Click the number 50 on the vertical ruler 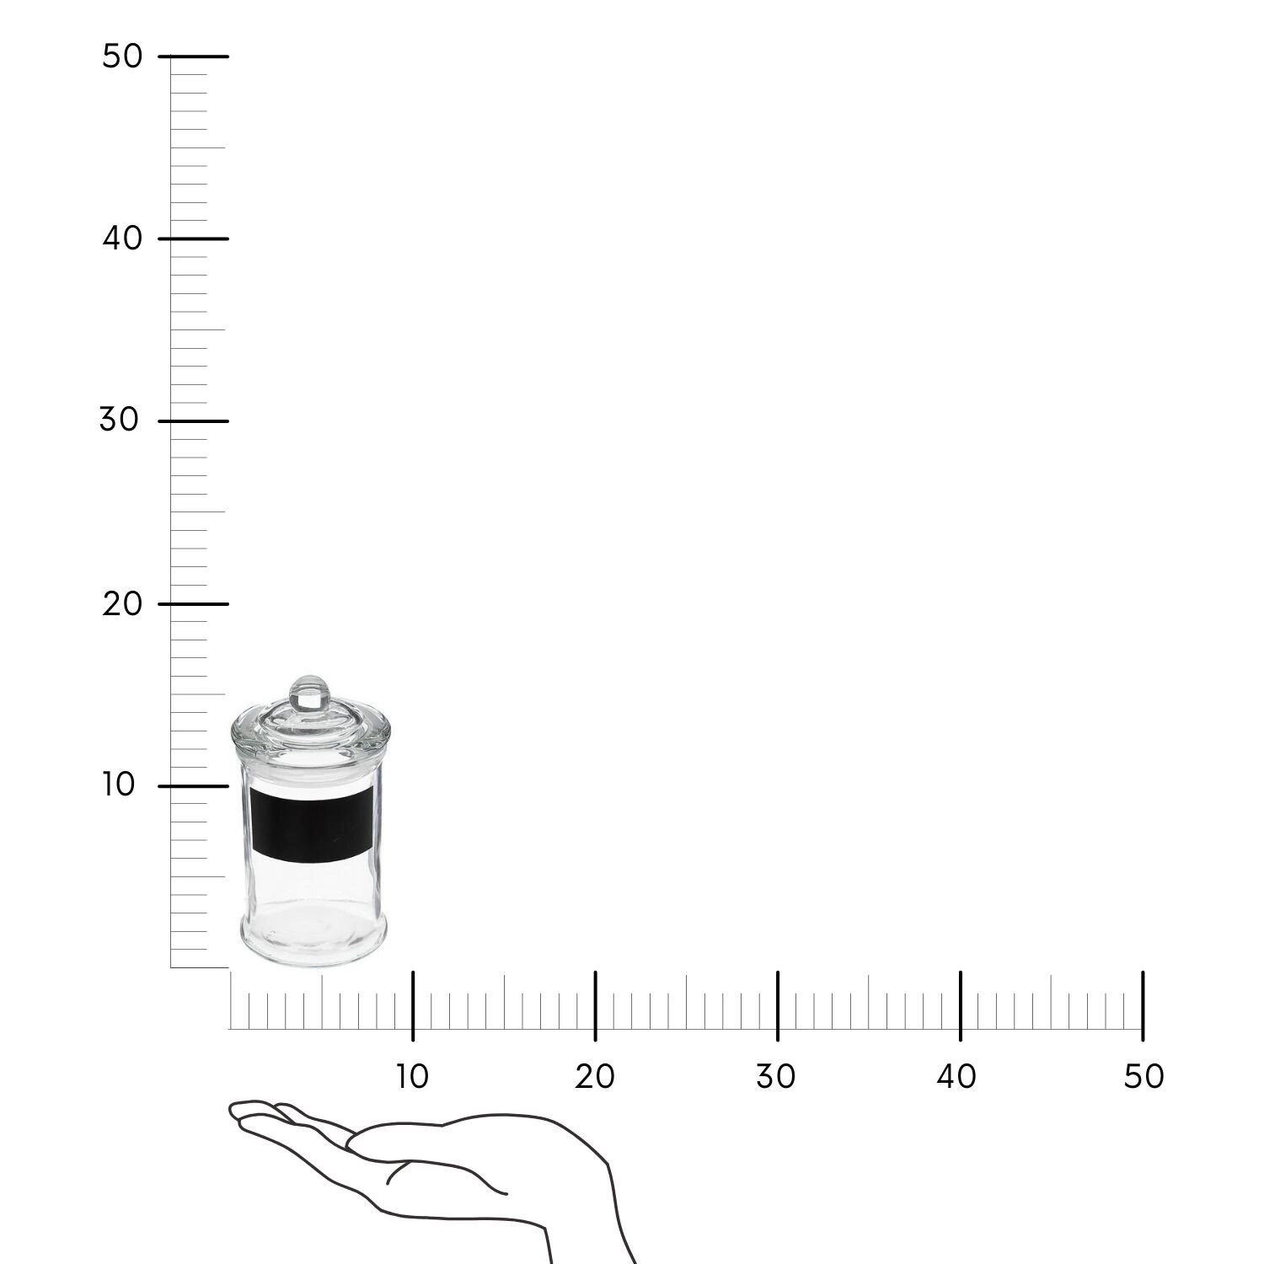(x=122, y=56)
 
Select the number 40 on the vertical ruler (x=122, y=238)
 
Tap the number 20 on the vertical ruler (x=122, y=603)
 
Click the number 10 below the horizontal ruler (x=412, y=1076)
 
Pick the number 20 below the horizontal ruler (x=595, y=1076)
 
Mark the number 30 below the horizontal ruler (x=775, y=1076)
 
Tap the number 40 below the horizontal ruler (x=956, y=1076)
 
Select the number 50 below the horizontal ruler (x=1143, y=1076)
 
